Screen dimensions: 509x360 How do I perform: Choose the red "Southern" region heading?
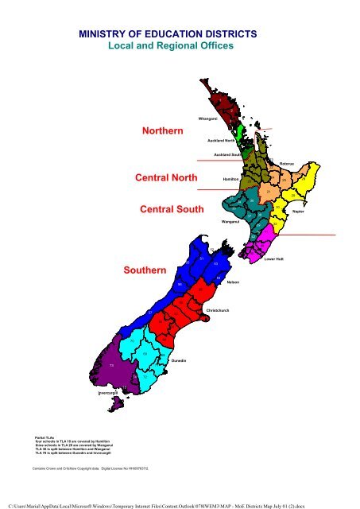[145, 270]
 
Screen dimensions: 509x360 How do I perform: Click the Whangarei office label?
[208, 118]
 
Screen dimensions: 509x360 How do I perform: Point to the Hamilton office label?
[231, 180]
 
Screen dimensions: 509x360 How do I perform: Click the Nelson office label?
[233, 282]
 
